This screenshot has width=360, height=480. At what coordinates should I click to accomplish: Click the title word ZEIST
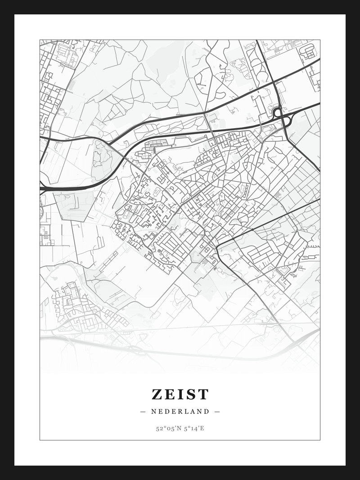[180, 395]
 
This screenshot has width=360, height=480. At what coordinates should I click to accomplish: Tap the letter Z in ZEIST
[157, 395]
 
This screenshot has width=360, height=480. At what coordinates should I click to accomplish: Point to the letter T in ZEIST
[203, 395]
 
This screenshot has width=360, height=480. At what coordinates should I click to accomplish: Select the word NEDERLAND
[180, 411]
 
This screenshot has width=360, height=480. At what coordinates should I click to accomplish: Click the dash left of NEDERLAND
[143, 411]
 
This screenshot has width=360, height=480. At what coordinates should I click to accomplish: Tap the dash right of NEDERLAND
[217, 411]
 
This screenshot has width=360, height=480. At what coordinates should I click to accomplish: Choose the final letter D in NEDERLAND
[207, 411]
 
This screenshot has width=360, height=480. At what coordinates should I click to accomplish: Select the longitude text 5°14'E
[193, 428]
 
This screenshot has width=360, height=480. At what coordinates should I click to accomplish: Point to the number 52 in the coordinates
[159, 428]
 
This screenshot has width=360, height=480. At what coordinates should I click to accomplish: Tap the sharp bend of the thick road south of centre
[217, 247]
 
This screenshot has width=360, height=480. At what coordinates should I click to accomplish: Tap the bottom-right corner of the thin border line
[320, 440]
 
